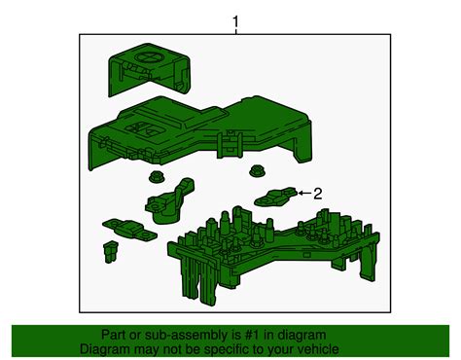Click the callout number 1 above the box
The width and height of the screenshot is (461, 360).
(x=235, y=22)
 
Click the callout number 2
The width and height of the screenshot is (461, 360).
(x=318, y=194)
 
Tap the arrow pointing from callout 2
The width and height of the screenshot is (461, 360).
(x=304, y=193)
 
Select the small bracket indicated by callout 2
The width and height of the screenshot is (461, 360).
(x=276, y=197)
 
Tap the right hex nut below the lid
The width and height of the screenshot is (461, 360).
(x=257, y=170)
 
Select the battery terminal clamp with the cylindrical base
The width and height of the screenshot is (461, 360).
(x=168, y=201)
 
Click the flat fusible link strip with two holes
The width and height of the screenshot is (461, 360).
(x=129, y=229)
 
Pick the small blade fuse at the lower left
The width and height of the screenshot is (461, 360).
(x=111, y=251)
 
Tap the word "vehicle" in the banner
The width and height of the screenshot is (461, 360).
(x=319, y=349)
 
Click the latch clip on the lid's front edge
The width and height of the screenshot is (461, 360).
(x=229, y=144)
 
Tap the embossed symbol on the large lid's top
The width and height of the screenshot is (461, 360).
(x=144, y=128)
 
